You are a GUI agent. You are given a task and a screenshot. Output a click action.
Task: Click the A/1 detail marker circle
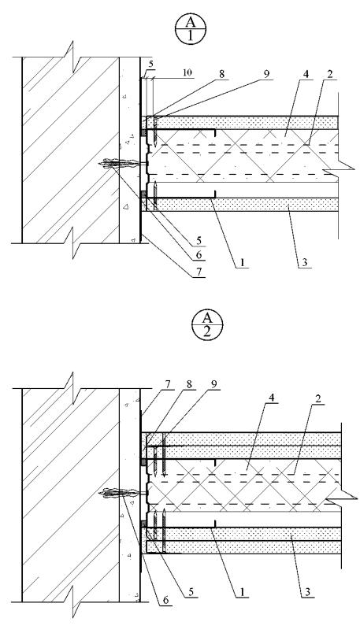pyautogui.click(x=191, y=29)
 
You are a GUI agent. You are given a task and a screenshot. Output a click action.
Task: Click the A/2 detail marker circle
pyautogui.click(x=207, y=326)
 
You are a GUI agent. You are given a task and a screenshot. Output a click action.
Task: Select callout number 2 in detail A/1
pyautogui.click(x=329, y=75)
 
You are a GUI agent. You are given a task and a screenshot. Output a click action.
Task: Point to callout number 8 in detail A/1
pyautogui.click(x=222, y=75)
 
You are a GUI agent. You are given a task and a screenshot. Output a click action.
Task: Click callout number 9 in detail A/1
pyautogui.click(x=266, y=75)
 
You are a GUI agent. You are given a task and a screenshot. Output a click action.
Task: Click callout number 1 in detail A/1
pyautogui.click(x=243, y=262)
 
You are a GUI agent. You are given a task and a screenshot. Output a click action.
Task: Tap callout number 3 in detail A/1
pyautogui.click(x=305, y=262)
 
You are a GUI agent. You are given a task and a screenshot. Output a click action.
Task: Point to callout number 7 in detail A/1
pyautogui.click(x=199, y=271)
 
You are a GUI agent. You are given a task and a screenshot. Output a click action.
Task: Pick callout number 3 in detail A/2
pyautogui.click(x=306, y=592)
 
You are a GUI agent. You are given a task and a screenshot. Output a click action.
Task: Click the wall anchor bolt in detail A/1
pyautogui.click(x=121, y=164)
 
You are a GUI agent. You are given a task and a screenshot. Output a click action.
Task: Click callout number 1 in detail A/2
pyautogui.click(x=244, y=592)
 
